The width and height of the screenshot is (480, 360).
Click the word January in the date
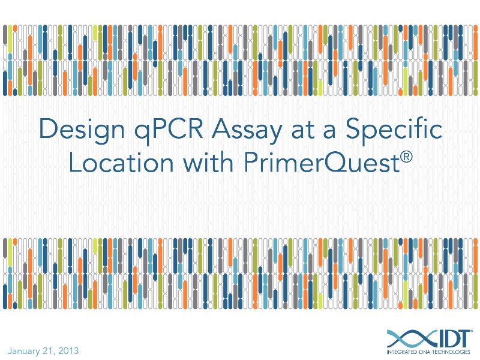(x=23, y=350)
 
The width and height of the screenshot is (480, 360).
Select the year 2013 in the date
(x=68, y=350)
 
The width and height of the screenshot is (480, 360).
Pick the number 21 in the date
(x=49, y=350)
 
